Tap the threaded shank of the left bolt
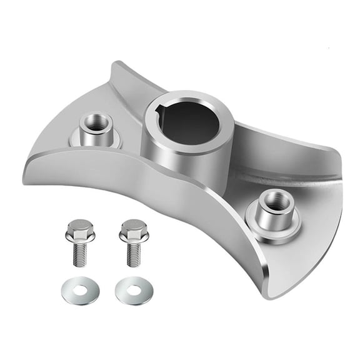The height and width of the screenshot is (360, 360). [80, 256]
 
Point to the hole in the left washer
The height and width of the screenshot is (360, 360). [81, 291]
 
